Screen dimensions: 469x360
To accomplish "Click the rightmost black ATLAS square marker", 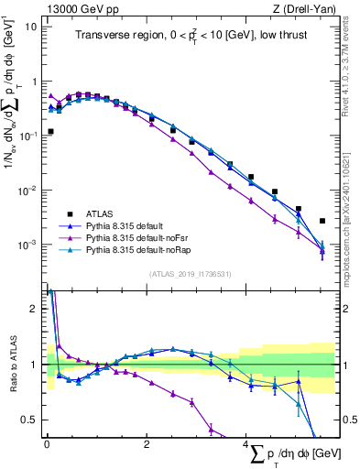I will click(322, 221).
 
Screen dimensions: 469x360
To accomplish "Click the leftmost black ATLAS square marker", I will click(50, 132).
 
